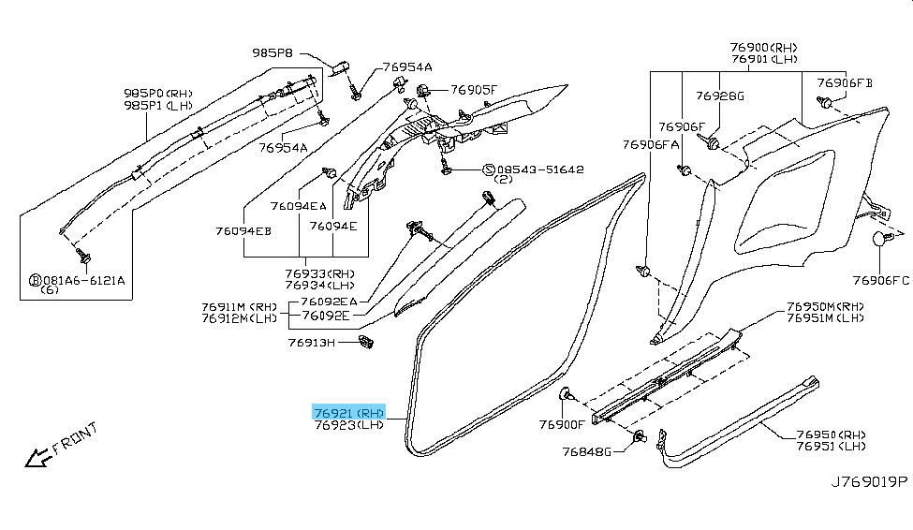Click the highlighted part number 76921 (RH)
(x=349, y=413)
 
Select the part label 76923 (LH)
(x=349, y=425)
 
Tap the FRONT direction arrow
(x=38, y=457)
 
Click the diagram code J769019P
(x=869, y=482)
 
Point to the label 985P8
(x=272, y=52)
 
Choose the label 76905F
(x=474, y=90)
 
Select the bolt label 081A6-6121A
(x=83, y=280)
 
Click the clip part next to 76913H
(x=366, y=344)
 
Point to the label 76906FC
(x=880, y=279)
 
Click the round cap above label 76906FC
(x=880, y=239)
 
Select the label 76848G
(x=586, y=452)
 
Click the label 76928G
(x=720, y=96)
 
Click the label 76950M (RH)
(x=825, y=306)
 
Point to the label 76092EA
(x=328, y=302)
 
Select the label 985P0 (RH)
(x=158, y=94)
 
